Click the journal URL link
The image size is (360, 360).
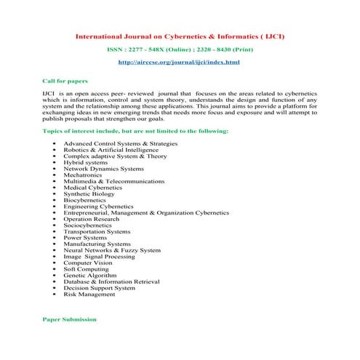179,63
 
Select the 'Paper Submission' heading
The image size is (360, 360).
70,319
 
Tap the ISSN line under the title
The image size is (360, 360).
179,49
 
